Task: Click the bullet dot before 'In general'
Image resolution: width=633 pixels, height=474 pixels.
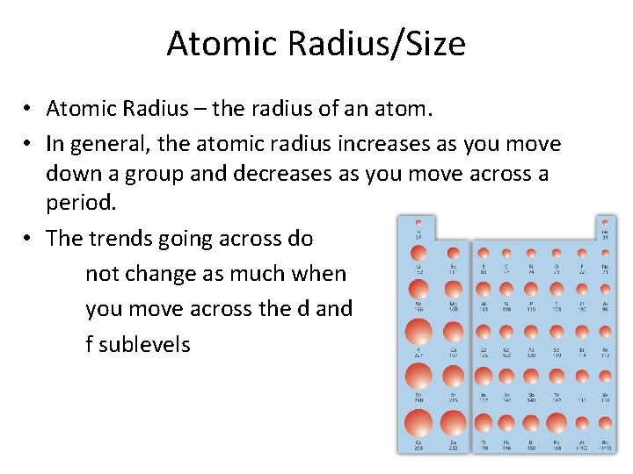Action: coord(29,142)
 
